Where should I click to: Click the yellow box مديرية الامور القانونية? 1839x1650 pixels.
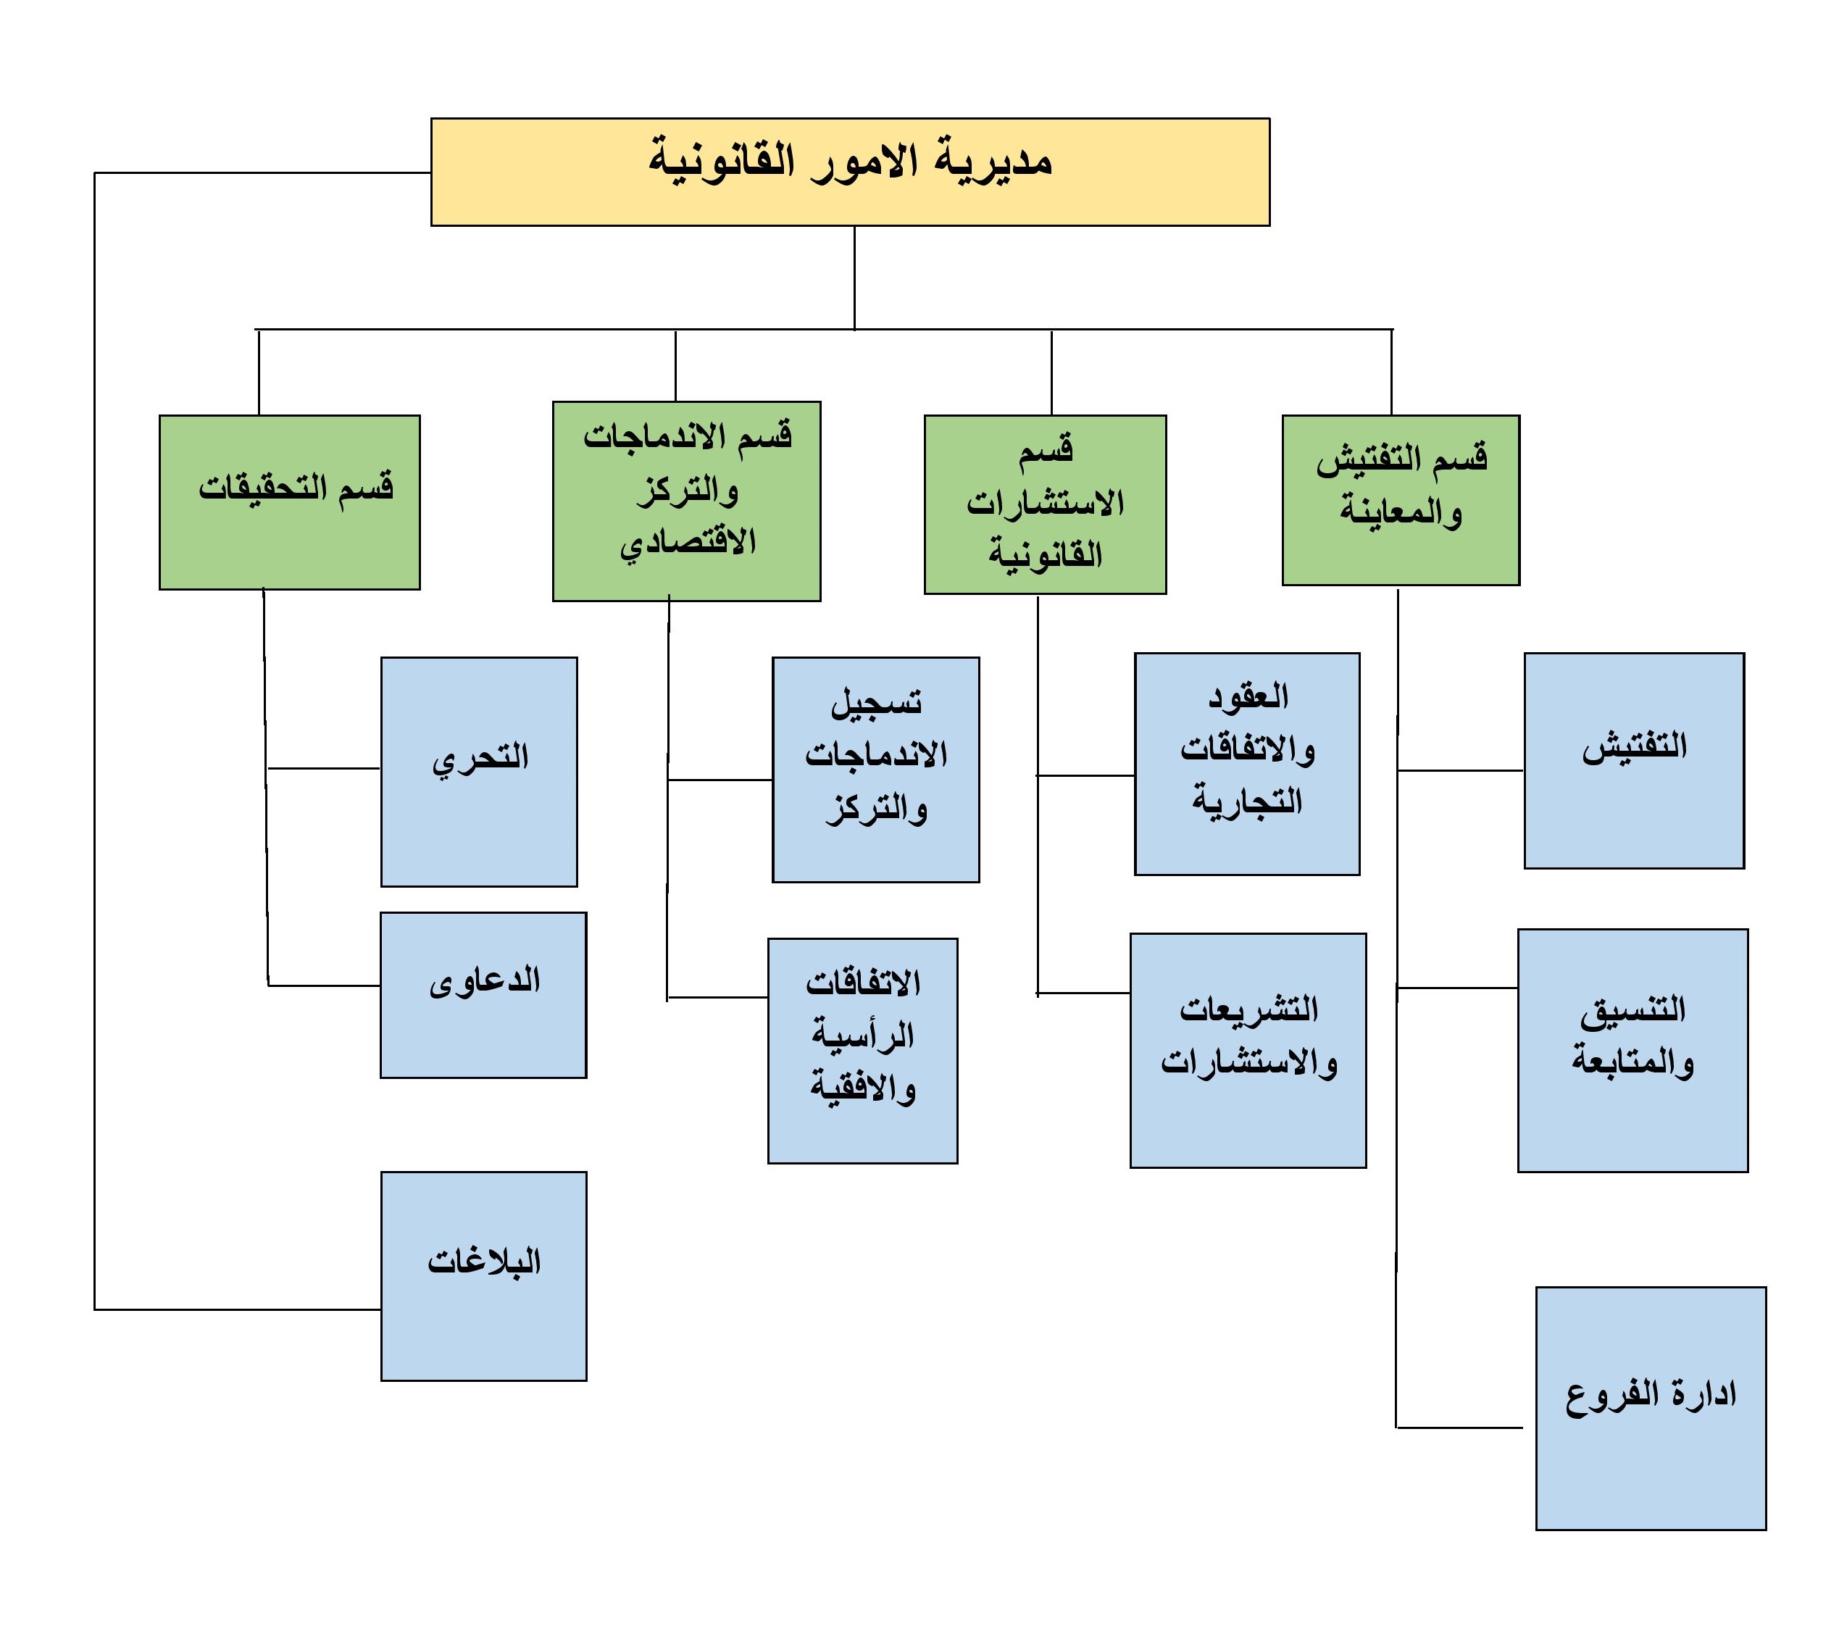click(x=849, y=171)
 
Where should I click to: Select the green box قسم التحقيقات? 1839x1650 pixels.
click(x=289, y=502)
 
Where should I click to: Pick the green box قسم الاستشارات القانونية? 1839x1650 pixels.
click(x=1045, y=504)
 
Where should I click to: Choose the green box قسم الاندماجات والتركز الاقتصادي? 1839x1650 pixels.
click(x=686, y=501)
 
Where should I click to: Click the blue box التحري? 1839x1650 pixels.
click(x=478, y=772)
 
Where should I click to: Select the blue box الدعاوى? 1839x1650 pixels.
click(x=483, y=994)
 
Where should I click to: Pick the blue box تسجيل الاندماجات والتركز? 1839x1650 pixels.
click(x=875, y=770)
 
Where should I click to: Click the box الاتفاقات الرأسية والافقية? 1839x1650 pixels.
click(x=862, y=1051)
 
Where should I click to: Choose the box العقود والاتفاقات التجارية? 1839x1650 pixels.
click(x=1246, y=763)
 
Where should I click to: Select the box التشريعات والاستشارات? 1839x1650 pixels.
click(x=1247, y=1051)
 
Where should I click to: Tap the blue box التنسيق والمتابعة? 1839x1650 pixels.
click(x=1632, y=1051)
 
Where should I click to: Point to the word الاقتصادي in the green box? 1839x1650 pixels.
click(x=688, y=543)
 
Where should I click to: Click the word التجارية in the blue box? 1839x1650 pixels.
click(x=1246, y=801)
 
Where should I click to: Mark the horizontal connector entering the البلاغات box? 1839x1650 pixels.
click(x=238, y=1310)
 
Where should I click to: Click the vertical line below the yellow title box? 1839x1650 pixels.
click(x=854, y=278)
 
